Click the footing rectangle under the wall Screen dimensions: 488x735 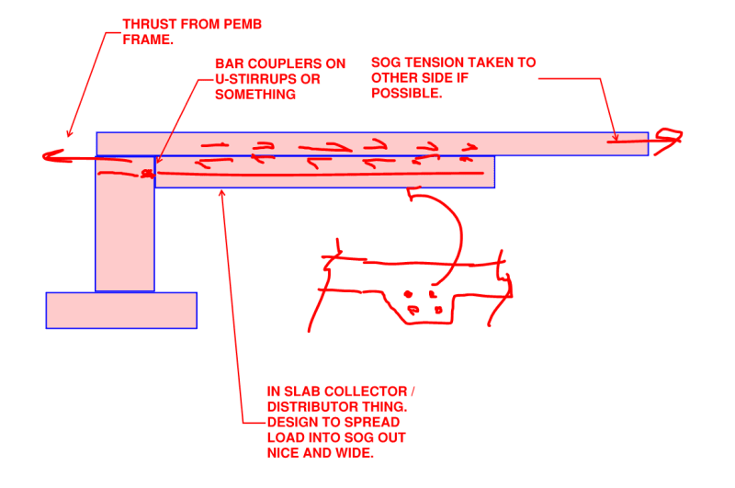[121, 310]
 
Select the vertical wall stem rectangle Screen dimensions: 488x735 [125, 230]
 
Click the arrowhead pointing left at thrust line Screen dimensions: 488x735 [51, 156]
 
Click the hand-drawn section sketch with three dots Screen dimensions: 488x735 [413, 285]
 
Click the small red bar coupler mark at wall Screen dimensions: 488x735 [145, 172]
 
